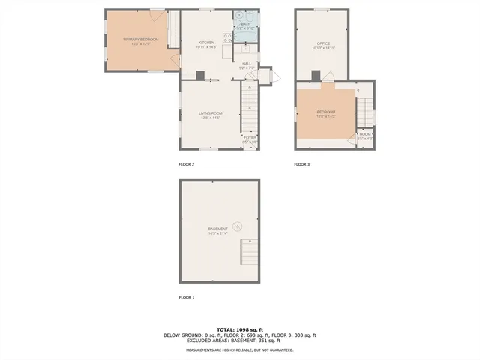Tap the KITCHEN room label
coord(206,43)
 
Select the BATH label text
coord(245,24)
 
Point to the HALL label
coord(247,64)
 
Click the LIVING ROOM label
coord(210,113)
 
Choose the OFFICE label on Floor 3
coord(323,44)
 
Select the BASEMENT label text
coord(218,229)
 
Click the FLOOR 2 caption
coord(186,164)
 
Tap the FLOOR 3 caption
coord(301,164)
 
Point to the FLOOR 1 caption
coord(186,298)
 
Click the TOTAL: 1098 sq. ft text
coord(239,329)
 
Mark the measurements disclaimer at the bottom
coord(239,350)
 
